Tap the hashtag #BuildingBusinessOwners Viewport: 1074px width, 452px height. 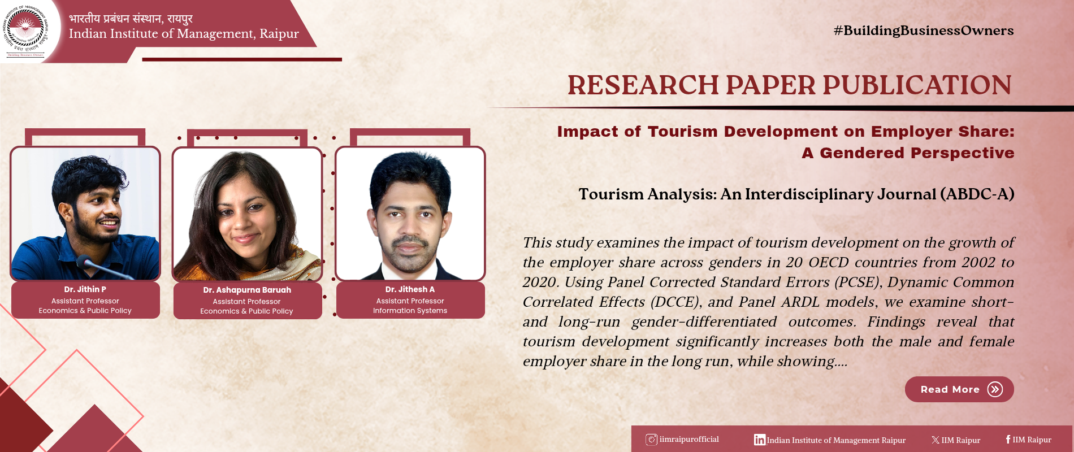click(x=924, y=31)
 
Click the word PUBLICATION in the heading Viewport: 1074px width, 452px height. click(x=917, y=85)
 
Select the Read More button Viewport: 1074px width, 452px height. click(x=959, y=389)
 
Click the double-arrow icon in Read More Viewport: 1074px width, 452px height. click(x=995, y=389)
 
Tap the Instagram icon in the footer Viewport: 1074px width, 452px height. click(x=651, y=440)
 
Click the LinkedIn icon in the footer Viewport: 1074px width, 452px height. click(x=760, y=440)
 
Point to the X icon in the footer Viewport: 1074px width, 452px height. click(x=936, y=440)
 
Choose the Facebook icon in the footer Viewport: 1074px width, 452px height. click(x=1008, y=440)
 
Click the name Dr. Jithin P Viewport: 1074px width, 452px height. click(x=85, y=289)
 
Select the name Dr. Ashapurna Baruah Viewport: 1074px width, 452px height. click(x=247, y=290)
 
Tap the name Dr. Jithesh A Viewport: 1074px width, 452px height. click(x=410, y=289)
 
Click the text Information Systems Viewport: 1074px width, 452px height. click(x=410, y=311)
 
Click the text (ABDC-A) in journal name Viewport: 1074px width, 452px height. click(x=977, y=194)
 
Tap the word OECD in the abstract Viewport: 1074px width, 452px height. click(x=829, y=263)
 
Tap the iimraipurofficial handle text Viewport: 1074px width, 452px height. click(x=689, y=439)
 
